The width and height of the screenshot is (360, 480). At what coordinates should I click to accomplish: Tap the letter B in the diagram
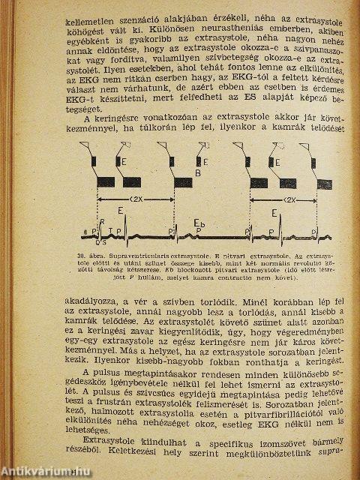click(x=198, y=173)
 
